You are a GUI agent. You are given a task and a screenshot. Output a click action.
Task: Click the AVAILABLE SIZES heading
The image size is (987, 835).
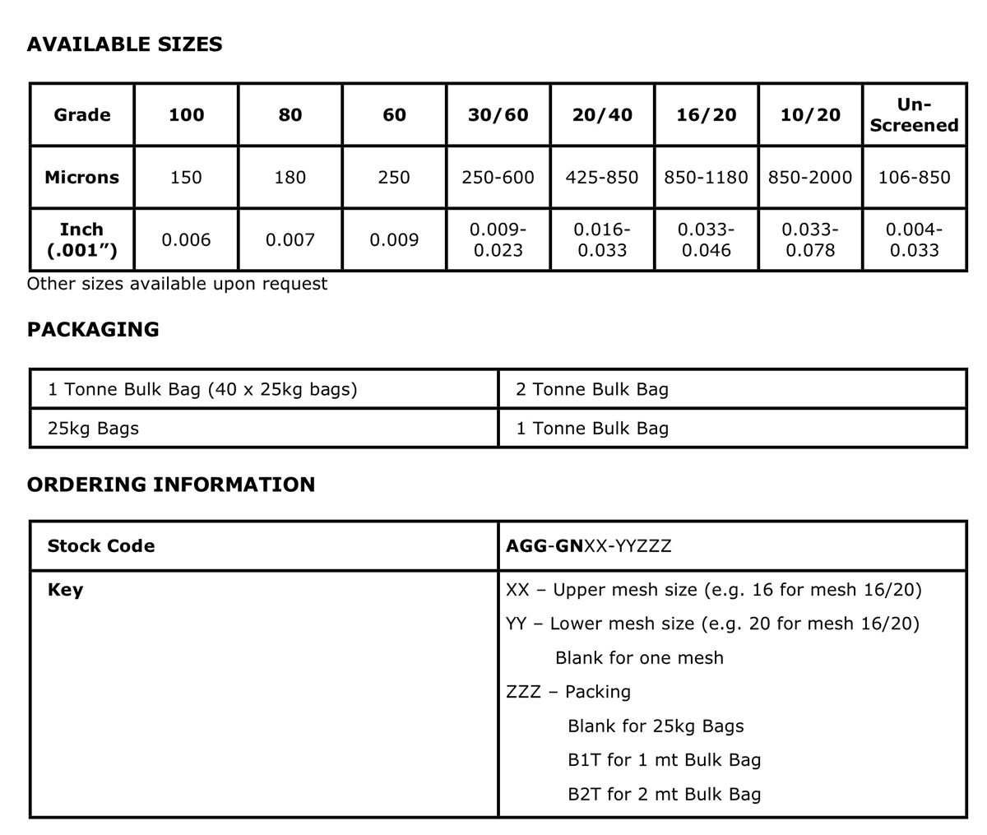tap(124, 44)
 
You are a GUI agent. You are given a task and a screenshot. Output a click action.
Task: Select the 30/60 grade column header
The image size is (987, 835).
tap(498, 114)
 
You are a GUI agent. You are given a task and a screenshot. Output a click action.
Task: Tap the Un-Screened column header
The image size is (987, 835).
tap(914, 114)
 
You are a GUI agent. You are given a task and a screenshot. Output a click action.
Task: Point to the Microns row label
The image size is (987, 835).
tap(81, 177)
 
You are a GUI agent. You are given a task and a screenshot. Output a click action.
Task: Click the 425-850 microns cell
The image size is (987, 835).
tap(602, 177)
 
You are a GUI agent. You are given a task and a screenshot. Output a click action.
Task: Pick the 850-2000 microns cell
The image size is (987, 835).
tap(810, 177)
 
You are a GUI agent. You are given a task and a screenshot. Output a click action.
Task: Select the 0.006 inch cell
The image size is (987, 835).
tap(186, 239)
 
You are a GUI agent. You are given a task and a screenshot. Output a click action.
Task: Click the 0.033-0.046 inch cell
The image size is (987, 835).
tap(706, 239)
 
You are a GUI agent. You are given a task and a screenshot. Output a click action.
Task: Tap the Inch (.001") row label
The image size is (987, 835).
tap(81, 239)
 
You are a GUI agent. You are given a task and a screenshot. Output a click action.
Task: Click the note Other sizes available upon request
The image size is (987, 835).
tap(177, 284)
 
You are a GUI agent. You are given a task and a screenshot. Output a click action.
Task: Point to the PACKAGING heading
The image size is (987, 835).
tap(93, 330)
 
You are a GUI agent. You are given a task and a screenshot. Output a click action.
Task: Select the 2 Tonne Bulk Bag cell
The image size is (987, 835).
tap(592, 389)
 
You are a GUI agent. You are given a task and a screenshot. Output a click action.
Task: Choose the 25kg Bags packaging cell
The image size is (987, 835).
tap(93, 429)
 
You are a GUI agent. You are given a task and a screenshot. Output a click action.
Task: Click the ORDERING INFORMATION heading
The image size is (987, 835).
tap(171, 485)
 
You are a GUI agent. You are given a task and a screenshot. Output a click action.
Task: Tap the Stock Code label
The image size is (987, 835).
tap(101, 545)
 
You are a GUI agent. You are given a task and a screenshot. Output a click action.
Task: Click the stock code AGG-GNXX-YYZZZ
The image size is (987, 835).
tap(589, 545)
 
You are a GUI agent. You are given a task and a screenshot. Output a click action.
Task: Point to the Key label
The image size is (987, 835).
tap(65, 590)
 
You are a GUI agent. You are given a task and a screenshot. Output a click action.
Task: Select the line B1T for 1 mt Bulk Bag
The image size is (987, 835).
tap(664, 760)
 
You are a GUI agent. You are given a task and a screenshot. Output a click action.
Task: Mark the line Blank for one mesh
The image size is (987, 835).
tap(639, 658)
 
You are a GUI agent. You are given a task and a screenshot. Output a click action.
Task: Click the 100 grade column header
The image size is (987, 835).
tap(186, 114)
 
